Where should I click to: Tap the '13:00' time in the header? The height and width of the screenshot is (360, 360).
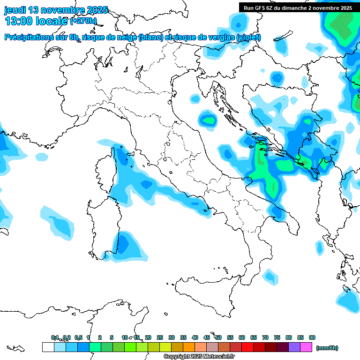pos(20,21)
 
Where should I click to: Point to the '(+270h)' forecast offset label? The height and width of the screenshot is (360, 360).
pos(83,21)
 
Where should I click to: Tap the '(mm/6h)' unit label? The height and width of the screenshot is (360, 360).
pos(327,348)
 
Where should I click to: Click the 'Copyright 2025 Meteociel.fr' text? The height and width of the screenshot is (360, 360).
pos(199,357)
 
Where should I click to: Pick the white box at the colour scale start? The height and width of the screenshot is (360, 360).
pos(48,347)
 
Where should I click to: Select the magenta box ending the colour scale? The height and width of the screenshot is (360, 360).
pos(306,347)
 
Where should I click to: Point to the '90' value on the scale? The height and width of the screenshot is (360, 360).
pos(312,337)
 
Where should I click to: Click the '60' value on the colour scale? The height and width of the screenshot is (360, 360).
pos(242,337)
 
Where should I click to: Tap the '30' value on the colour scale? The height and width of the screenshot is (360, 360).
pos(172,337)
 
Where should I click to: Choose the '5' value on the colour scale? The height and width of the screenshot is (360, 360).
pos(112,337)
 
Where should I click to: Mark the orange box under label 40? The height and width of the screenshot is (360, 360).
pos(189,347)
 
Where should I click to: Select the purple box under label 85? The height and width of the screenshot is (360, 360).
pos(294,347)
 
